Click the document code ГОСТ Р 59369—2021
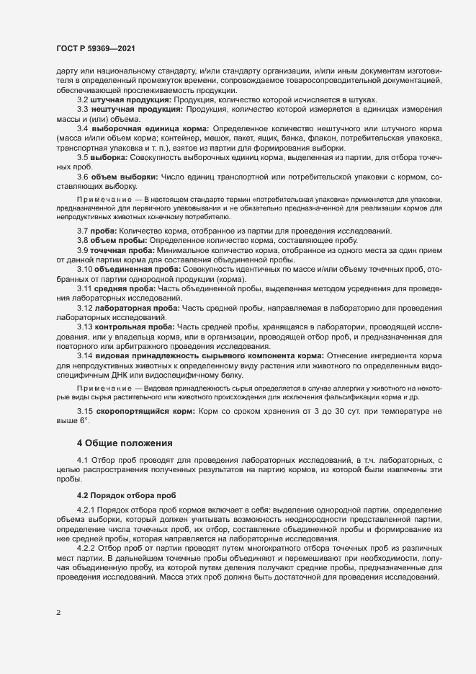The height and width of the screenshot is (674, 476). tap(96, 48)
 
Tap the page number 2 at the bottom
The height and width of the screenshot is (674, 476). tap(59, 613)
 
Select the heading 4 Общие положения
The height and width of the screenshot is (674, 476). tap(124, 442)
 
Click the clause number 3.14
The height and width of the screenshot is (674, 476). tap(85, 356)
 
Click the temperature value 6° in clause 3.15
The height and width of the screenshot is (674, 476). tap(82, 420)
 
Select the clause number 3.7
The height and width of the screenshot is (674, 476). tap(82, 230)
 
